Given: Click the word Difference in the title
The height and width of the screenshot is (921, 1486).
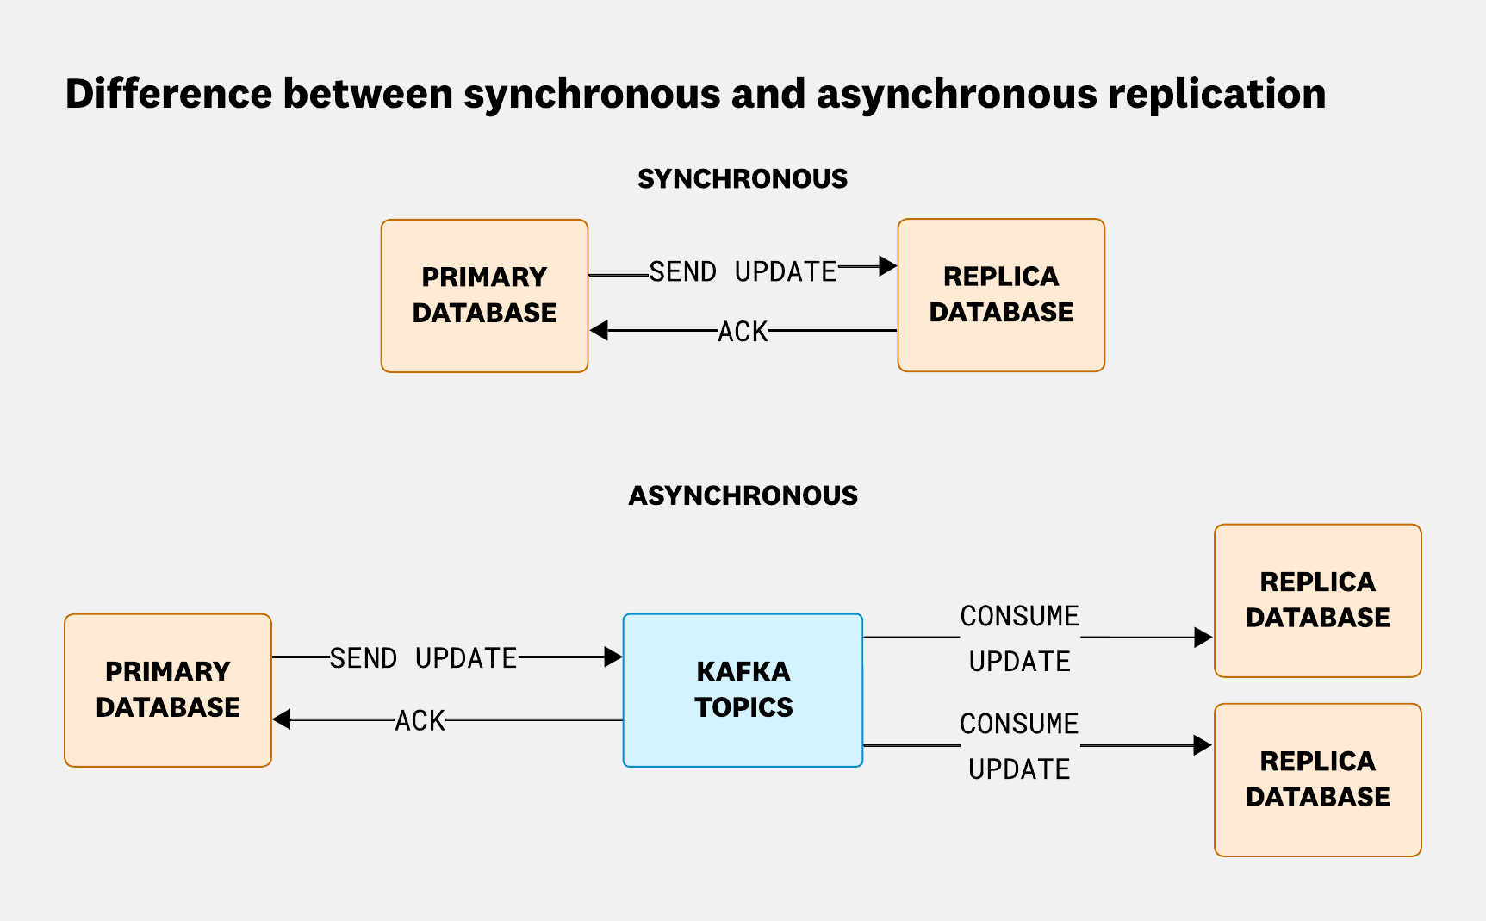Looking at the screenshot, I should point(169,94).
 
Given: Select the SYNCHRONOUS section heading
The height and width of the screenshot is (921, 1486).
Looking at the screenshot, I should point(743,178).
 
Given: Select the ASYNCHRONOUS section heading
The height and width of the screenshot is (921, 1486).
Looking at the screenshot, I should point(743,495).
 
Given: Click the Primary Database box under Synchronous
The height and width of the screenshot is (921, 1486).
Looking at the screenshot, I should point(484,296).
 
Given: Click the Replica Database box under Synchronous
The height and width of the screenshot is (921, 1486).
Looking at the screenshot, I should point(1001,295).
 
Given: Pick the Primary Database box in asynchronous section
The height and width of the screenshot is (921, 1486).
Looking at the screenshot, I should point(168,690).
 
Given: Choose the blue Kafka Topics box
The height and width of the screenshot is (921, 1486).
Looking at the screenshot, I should point(743,690).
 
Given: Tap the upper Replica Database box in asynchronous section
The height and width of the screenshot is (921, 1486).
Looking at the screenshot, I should point(1317,601).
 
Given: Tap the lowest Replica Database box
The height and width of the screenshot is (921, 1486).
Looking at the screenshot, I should point(1317,780).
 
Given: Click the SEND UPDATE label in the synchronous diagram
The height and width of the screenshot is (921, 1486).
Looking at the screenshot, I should point(743,272).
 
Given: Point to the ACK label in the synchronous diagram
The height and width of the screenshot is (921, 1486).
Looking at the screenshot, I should point(743,332).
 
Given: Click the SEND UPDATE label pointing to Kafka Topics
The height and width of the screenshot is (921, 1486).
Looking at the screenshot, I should point(423,658).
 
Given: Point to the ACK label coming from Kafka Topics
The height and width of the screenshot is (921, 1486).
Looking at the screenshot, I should point(420,720).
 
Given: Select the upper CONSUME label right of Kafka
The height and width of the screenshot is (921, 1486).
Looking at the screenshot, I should point(1019,617).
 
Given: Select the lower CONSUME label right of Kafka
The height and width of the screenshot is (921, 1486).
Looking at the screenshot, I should point(1019,725).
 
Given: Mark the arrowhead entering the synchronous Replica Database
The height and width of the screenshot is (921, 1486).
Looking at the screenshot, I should point(888,266).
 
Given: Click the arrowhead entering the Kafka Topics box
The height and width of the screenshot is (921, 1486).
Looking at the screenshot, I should point(613,657).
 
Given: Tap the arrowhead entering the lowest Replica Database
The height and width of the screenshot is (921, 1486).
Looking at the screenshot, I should point(1203,745).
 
